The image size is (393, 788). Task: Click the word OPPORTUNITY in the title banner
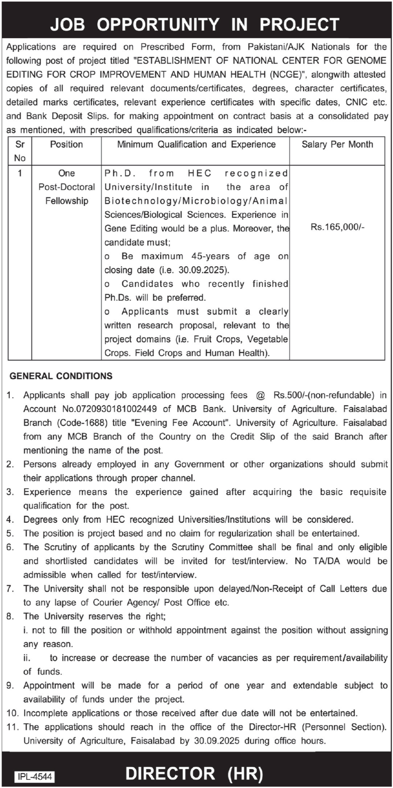pos(158,24)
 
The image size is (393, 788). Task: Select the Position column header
pos(66,144)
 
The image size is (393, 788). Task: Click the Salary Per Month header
pos(337,144)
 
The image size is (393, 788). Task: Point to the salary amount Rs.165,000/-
pos(337,227)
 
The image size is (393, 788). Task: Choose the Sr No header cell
pos(20,151)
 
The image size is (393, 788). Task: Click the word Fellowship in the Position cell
pos(67,201)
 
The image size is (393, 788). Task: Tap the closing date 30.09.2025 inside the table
pos(203,270)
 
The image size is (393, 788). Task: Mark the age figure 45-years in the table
pos(210,256)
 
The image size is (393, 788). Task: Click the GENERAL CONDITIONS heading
pos(61,376)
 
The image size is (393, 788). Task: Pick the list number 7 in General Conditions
pos(10,589)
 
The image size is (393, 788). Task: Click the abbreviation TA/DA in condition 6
pos(324,561)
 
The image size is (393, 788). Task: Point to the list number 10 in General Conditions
pos(12,713)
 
